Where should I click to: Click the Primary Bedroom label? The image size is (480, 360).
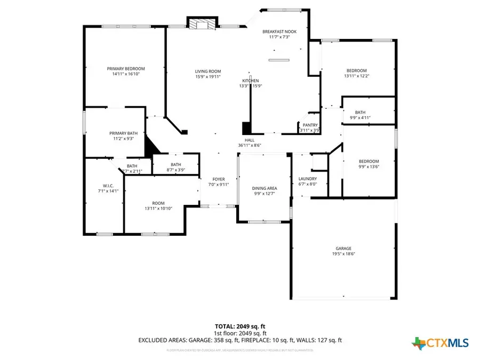click(126, 68)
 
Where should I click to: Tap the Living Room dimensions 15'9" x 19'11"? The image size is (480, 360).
click(207, 77)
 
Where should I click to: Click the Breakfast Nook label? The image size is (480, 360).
click(279, 31)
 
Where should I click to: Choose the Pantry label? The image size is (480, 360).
click(310, 125)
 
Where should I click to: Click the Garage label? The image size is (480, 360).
click(343, 248)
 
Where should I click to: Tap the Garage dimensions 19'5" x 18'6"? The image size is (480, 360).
click(343, 254)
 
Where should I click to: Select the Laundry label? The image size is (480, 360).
click(308, 179)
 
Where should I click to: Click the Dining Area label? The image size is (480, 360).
click(265, 188)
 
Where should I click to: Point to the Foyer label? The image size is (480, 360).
click(219, 179)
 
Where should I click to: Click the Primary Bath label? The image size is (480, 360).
click(123, 133)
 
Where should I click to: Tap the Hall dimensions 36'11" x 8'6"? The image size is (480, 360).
click(249, 146)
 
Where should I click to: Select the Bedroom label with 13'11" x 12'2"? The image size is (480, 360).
click(357, 70)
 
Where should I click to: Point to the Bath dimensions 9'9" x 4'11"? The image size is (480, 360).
click(360, 117)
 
